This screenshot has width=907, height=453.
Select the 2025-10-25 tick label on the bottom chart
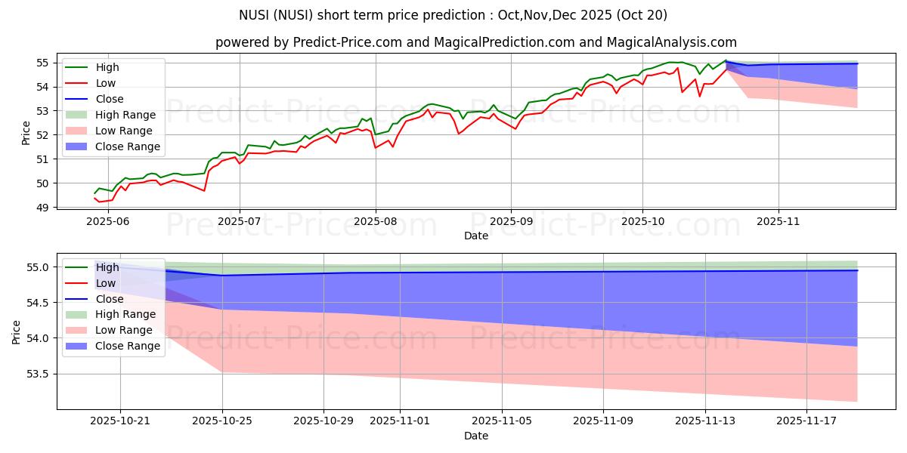point(222,421)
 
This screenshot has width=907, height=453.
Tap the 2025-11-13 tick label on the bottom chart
point(705,421)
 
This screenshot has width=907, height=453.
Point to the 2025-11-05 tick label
point(502,421)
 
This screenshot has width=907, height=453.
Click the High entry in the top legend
point(107,67)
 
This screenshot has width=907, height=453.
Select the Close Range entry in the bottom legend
point(128,346)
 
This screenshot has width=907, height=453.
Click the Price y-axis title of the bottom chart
point(17,331)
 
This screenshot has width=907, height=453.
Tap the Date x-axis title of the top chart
point(476,236)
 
